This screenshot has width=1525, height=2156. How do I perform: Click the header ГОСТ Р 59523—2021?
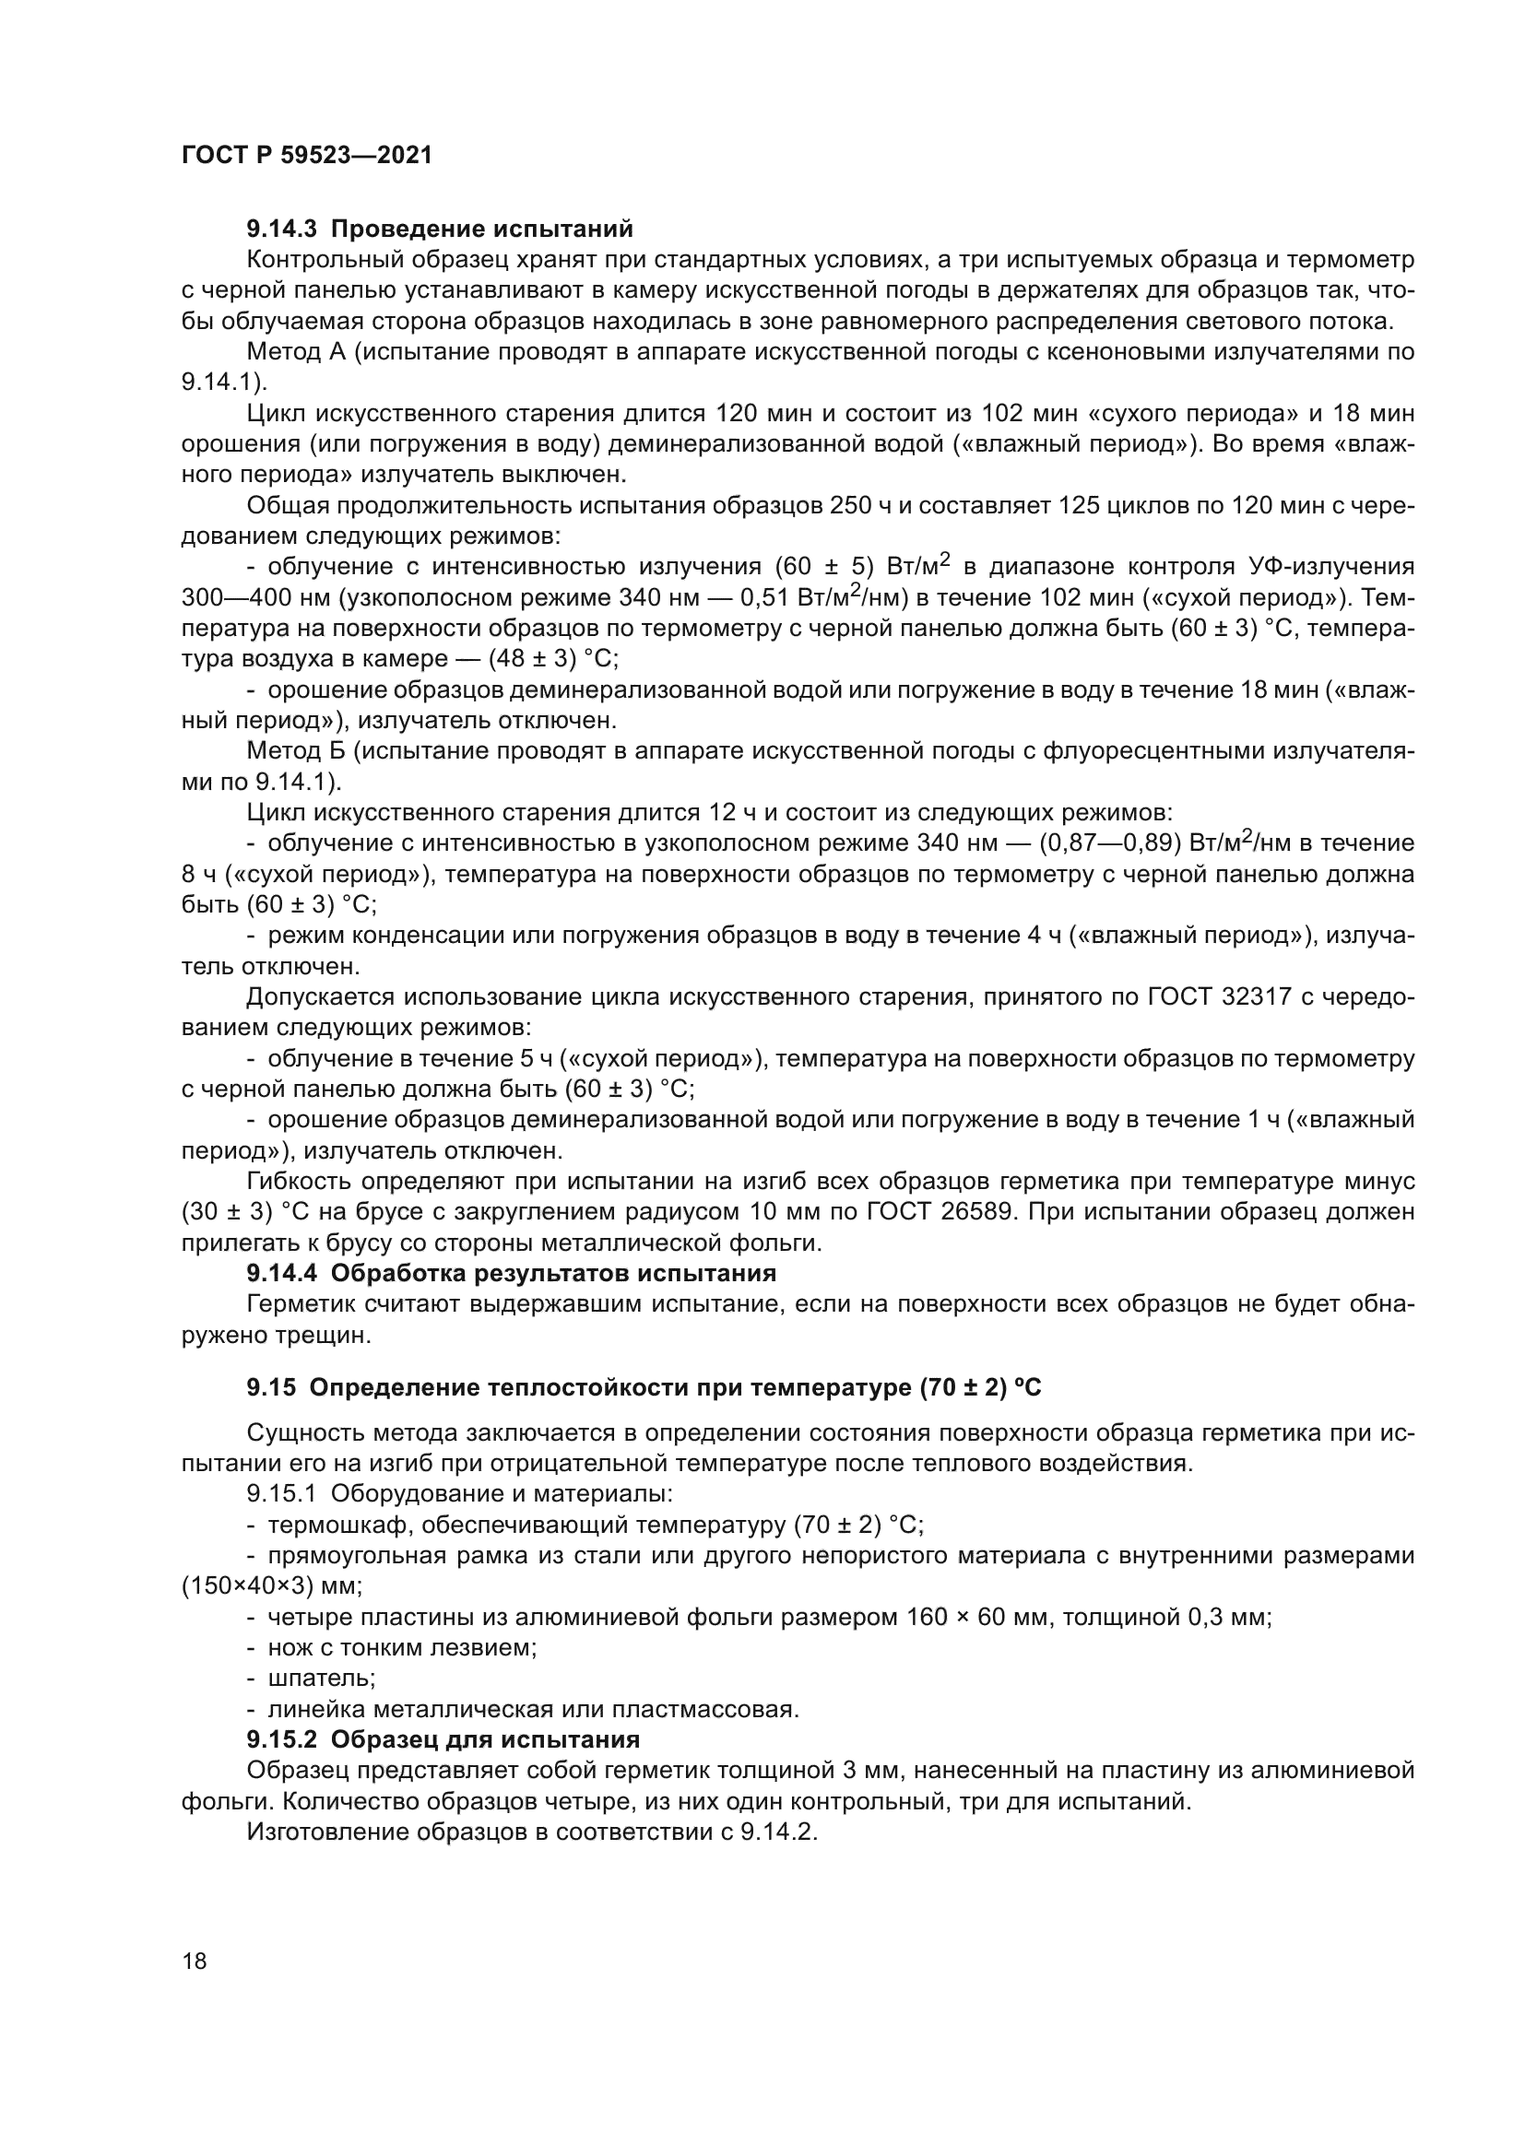click(x=306, y=156)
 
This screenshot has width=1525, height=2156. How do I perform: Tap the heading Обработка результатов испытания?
click(x=554, y=1273)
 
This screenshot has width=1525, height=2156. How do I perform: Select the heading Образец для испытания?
click(x=486, y=1739)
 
